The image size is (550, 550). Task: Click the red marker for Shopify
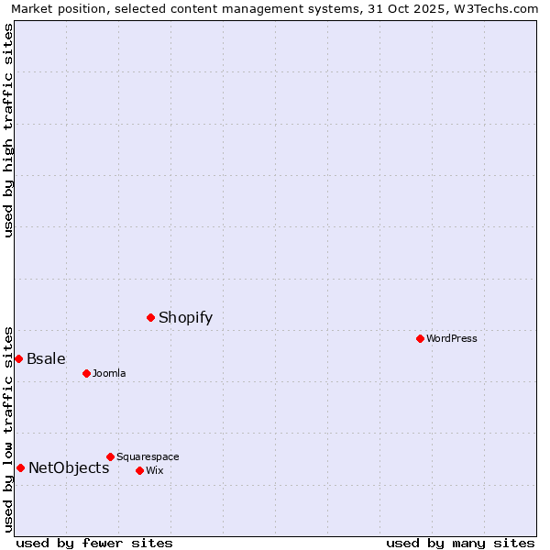pyautogui.click(x=150, y=317)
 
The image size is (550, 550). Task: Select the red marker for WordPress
pyautogui.click(x=420, y=338)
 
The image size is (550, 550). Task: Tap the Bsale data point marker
pyautogui.click(x=18, y=358)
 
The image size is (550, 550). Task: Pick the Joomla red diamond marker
pyautogui.click(x=86, y=373)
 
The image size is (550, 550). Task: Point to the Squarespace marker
pyautogui.click(x=110, y=456)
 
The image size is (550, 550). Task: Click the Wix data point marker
pyautogui.click(x=139, y=470)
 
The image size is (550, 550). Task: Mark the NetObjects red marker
pyautogui.click(x=20, y=467)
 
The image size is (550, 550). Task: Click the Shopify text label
pyautogui.click(x=185, y=318)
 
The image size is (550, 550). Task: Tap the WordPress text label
pyautogui.click(x=452, y=339)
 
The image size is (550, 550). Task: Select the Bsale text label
pyautogui.click(x=46, y=359)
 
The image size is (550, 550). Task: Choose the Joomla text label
pyautogui.click(x=109, y=374)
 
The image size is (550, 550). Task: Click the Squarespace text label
pyautogui.click(x=148, y=457)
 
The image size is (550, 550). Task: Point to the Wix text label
pyautogui.click(x=154, y=471)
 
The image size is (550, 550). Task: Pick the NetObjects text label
pyautogui.click(x=69, y=468)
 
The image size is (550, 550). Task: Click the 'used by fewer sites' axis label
pyautogui.click(x=94, y=543)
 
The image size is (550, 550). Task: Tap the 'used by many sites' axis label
pyautogui.click(x=460, y=543)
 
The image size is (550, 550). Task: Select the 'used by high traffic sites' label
pyautogui.click(x=9, y=130)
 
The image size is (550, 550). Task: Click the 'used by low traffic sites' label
pyautogui.click(x=9, y=428)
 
